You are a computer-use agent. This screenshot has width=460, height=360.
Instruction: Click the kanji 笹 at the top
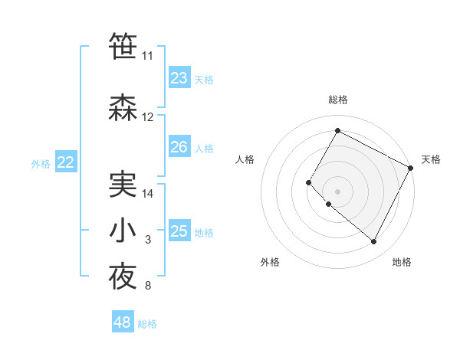point(123,45)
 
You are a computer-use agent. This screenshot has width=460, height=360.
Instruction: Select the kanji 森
point(123,106)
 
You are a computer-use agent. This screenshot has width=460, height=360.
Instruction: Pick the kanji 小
point(123,231)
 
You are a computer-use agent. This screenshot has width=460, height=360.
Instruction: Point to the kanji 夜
point(123,277)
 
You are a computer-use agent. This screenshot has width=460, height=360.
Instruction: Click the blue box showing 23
point(179,78)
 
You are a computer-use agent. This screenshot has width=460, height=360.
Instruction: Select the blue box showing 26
point(179,147)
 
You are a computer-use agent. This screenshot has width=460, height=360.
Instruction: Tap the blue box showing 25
point(179,231)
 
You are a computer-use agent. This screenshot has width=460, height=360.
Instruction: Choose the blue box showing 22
point(66,162)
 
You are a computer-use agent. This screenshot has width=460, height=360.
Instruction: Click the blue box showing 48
point(122,322)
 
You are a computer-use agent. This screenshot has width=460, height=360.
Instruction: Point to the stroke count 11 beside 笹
point(147,56)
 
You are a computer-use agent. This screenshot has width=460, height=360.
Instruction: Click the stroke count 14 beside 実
point(148,194)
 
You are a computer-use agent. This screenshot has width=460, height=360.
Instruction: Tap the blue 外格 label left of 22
point(41,163)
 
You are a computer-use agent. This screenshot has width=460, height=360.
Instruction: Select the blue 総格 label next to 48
point(147,324)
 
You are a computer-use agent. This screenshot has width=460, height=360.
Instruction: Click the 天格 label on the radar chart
point(431,159)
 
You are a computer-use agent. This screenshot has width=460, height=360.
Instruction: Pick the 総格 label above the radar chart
point(337,100)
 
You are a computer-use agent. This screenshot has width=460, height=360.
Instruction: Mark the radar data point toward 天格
point(412,168)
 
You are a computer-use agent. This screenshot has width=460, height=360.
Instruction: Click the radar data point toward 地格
point(374,242)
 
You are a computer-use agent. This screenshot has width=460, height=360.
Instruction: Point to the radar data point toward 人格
point(309,182)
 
